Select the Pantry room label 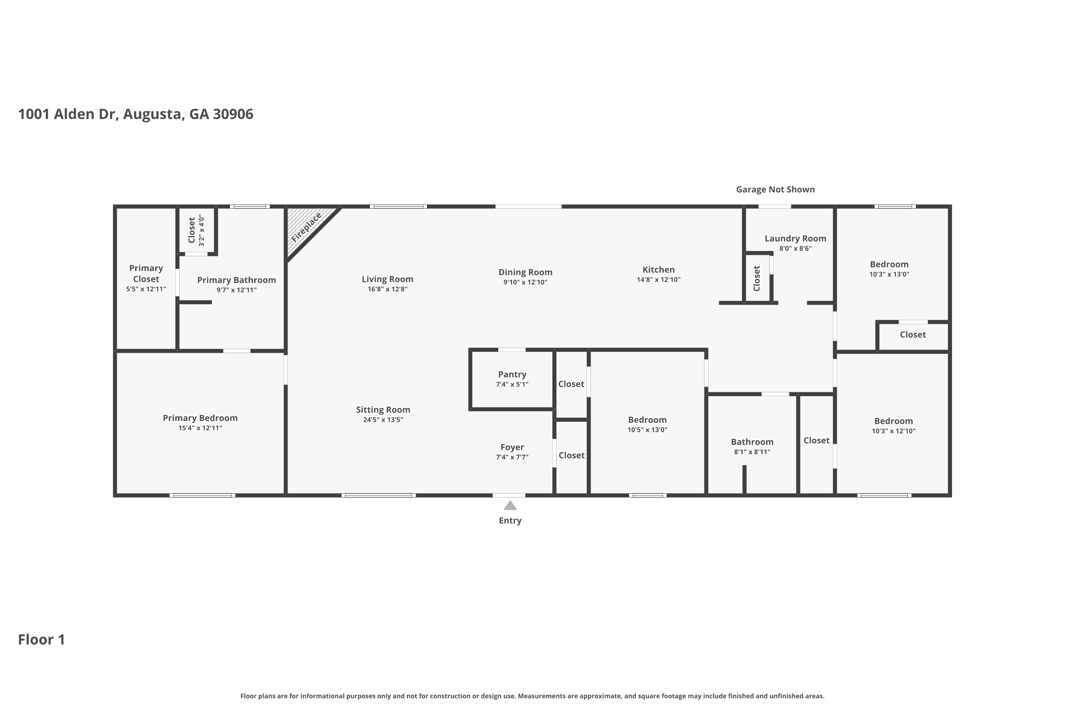pos(512,375)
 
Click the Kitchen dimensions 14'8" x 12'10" pos(659,280)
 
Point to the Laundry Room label pos(795,239)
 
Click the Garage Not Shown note pos(775,190)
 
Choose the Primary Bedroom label pos(200,418)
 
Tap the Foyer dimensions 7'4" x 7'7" pos(512,457)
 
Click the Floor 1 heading pos(42,639)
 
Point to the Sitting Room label pos(383,410)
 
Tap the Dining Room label pos(525,272)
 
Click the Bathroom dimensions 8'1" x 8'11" pos(752,452)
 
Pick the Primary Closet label pos(146,273)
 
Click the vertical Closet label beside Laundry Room pos(757,278)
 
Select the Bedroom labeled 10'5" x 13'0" pos(647,420)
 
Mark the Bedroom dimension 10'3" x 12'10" pos(894,431)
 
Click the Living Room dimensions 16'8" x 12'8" pos(387,289)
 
